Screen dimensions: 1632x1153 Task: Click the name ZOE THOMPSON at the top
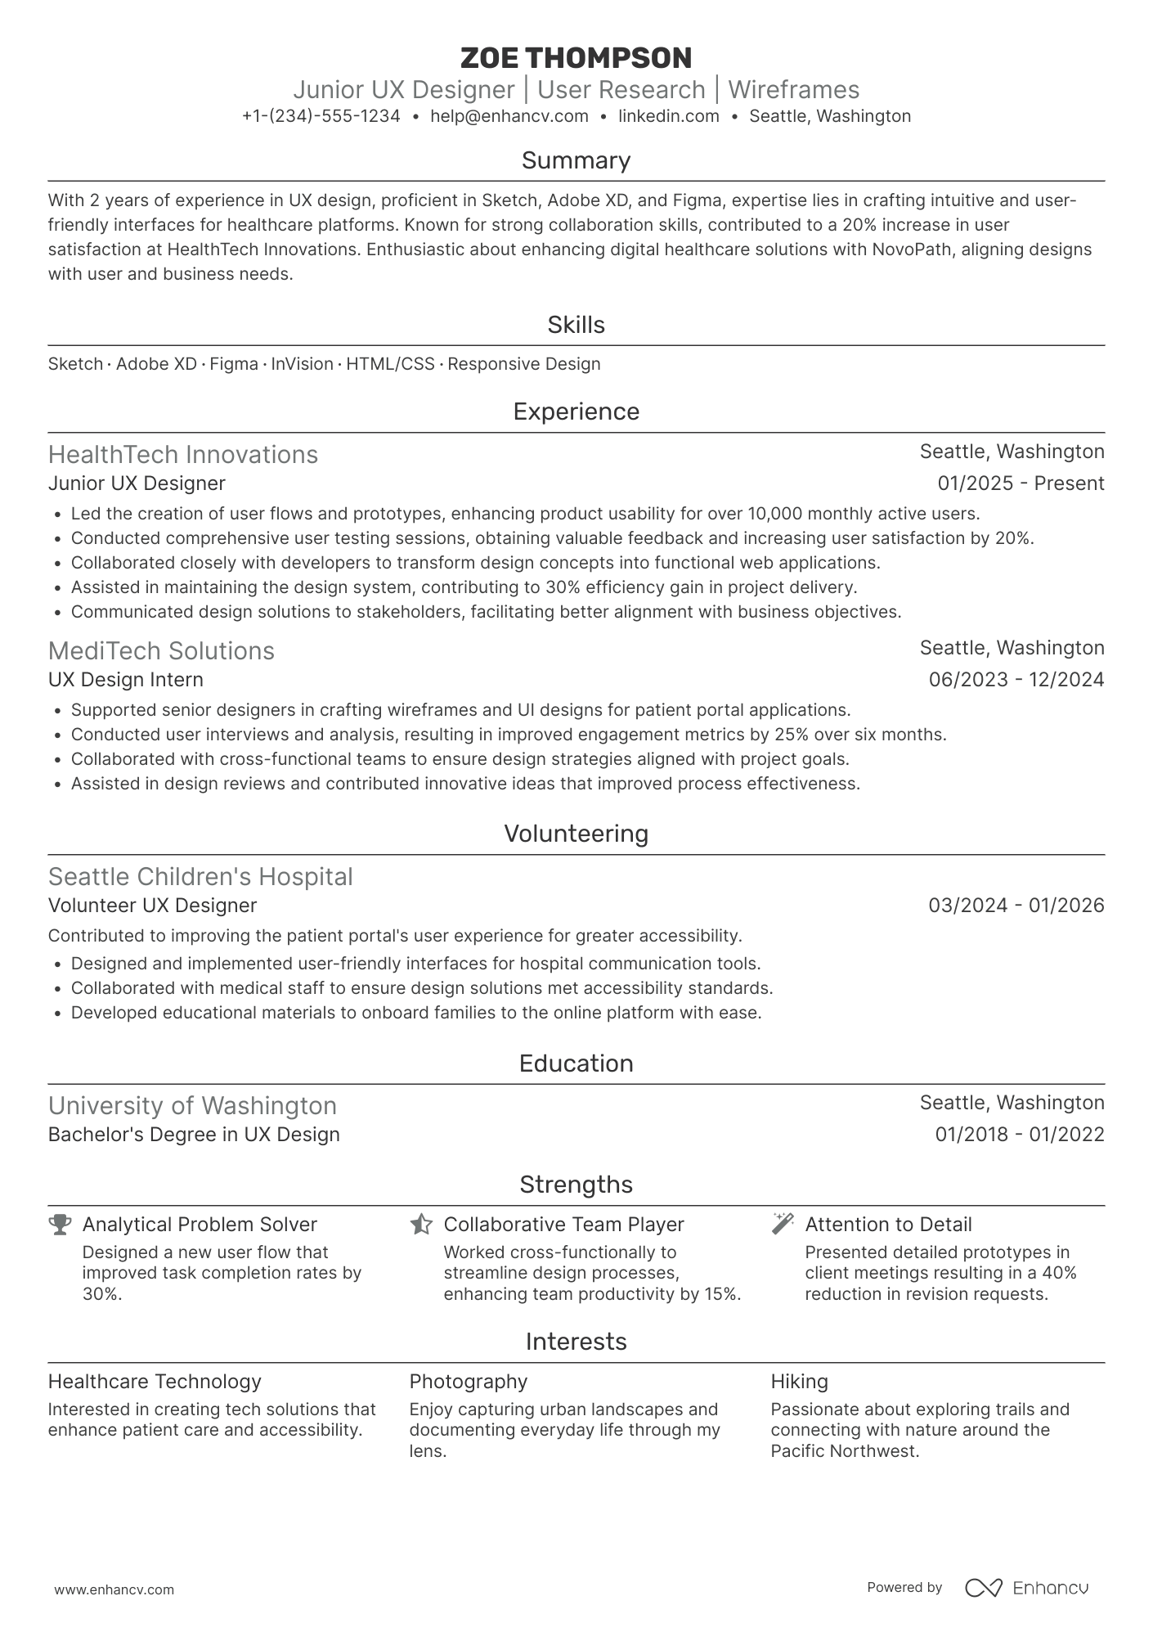click(576, 58)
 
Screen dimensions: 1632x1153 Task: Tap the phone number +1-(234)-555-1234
click(321, 116)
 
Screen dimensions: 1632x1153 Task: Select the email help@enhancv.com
click(509, 116)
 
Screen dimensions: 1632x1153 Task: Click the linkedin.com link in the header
click(668, 116)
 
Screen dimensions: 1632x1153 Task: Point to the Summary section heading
click(576, 160)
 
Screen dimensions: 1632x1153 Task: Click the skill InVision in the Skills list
click(302, 364)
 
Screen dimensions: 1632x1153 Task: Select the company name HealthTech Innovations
click(183, 454)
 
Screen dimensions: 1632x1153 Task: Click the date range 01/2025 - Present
click(1021, 483)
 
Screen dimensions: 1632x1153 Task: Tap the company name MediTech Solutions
click(161, 650)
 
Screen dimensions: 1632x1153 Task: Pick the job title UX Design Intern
click(126, 680)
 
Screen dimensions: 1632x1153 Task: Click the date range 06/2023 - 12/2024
click(1016, 680)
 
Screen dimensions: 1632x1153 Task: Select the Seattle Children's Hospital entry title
click(200, 876)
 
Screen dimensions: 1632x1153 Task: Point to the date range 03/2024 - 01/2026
click(1016, 906)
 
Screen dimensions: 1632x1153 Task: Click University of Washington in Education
click(192, 1105)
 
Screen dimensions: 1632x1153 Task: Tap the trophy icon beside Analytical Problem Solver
click(60, 1224)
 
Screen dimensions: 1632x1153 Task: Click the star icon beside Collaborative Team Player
click(421, 1224)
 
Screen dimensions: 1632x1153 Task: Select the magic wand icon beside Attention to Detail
click(783, 1224)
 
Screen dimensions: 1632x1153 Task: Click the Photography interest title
click(468, 1382)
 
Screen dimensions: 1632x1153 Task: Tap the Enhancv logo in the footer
click(1026, 1588)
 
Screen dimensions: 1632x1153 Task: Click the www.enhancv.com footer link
click(114, 1589)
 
